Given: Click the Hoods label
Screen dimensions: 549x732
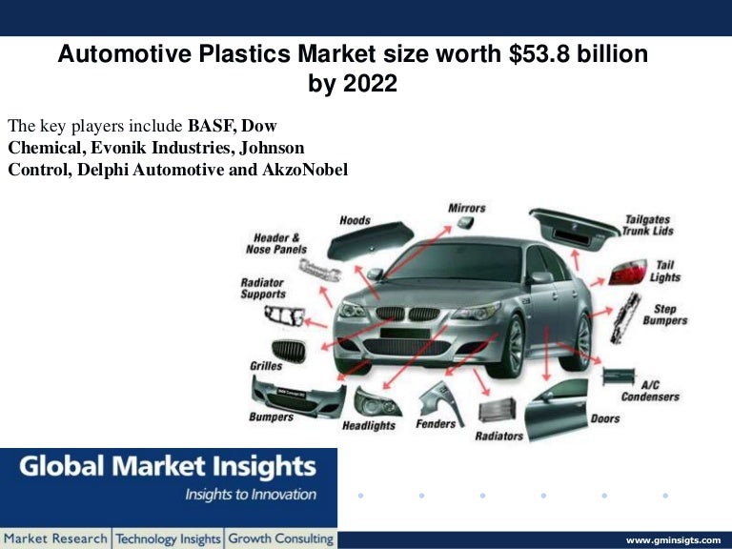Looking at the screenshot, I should pos(355,221).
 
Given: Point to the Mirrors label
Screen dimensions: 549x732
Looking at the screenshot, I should pos(466,208).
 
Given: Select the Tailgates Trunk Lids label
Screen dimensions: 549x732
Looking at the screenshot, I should pos(648,225).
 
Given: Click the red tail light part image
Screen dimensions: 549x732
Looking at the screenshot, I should pos(628,274).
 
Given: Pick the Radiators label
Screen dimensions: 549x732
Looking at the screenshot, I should pos(499,436).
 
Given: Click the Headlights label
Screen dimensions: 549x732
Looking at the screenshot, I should pos(369,425).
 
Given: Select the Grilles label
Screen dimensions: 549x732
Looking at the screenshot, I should pos(265,365).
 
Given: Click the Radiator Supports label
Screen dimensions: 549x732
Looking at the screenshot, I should pos(262,289).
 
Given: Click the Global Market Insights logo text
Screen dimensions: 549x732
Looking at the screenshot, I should pos(168,467).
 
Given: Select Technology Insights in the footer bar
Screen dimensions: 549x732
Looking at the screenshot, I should pos(169,539).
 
